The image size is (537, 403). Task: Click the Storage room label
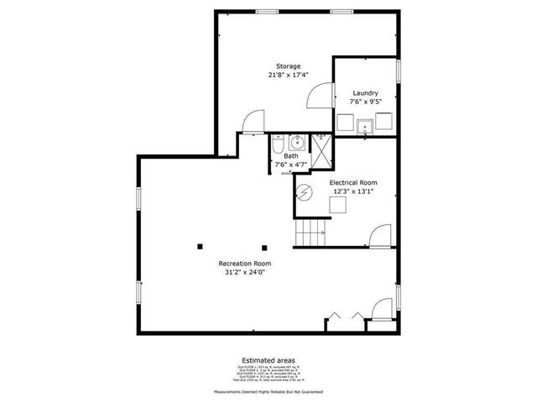point(289,66)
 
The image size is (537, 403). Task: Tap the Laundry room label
point(365,93)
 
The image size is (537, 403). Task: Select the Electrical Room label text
point(352,182)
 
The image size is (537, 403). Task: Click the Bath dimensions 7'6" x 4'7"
point(291,165)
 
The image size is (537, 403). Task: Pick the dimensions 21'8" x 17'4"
point(289,76)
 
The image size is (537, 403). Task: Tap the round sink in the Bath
point(298,141)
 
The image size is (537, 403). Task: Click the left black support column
point(201,246)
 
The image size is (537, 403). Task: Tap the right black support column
point(264,247)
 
